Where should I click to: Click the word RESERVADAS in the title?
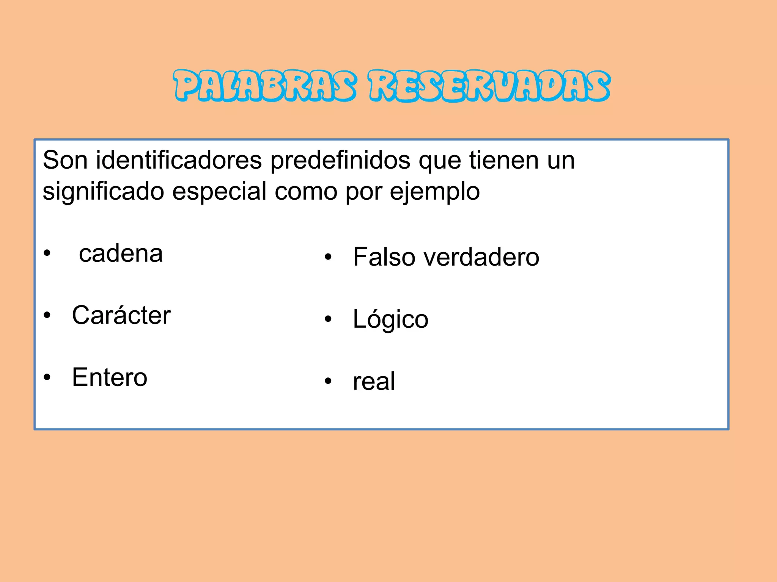tap(489, 86)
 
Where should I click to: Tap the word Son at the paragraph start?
tap(65, 160)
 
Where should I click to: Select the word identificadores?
tap(179, 160)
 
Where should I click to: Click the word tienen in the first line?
tap(504, 160)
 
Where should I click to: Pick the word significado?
tap(103, 192)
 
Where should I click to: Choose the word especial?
tap(219, 192)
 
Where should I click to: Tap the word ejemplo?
tap(435, 192)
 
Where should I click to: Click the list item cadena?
tap(121, 253)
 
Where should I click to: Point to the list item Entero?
tap(110, 377)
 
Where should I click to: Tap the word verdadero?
tap(481, 257)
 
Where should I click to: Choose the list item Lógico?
tap(390, 319)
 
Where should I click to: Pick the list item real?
tap(374, 381)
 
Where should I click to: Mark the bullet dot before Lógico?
tap(328, 319)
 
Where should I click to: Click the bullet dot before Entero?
tap(47, 377)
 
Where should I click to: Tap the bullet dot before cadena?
tap(47, 253)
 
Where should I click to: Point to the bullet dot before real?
tap(328, 381)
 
